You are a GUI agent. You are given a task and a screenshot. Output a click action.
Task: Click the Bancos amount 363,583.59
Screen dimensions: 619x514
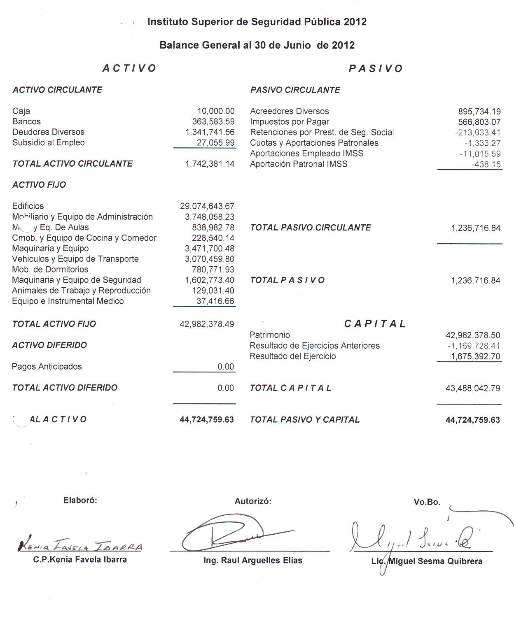click(x=213, y=121)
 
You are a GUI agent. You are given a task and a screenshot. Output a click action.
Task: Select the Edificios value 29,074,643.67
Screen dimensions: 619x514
click(x=207, y=206)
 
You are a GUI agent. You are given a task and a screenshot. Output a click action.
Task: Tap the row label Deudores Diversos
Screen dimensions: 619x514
click(x=48, y=132)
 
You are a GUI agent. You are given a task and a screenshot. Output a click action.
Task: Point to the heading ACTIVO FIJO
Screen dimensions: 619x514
click(x=39, y=185)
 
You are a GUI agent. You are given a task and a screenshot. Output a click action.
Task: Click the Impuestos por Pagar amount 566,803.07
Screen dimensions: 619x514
click(x=479, y=122)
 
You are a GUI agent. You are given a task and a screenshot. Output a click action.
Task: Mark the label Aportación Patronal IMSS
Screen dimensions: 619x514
click(x=299, y=164)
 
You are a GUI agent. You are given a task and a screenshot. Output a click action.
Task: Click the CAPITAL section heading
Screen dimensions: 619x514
click(x=375, y=324)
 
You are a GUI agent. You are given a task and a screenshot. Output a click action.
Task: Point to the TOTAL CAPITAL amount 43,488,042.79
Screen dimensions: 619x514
click(x=473, y=388)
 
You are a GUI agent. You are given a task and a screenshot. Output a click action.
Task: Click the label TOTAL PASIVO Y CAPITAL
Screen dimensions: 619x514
click(x=304, y=420)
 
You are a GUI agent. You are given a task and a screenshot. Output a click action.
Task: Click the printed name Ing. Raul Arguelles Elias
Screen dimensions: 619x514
click(x=253, y=561)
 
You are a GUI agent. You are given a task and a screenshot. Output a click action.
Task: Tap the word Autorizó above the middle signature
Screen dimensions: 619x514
click(x=253, y=501)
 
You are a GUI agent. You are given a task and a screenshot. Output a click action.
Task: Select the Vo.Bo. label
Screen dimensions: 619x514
click(x=427, y=502)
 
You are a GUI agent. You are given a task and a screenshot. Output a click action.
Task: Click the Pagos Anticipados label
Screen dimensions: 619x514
click(x=47, y=367)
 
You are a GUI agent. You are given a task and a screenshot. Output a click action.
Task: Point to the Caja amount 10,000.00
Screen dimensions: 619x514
click(x=216, y=111)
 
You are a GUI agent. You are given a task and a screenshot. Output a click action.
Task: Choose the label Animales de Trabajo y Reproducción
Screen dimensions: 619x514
click(x=81, y=291)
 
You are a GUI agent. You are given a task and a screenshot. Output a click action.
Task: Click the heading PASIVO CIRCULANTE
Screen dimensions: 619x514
click(x=295, y=90)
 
